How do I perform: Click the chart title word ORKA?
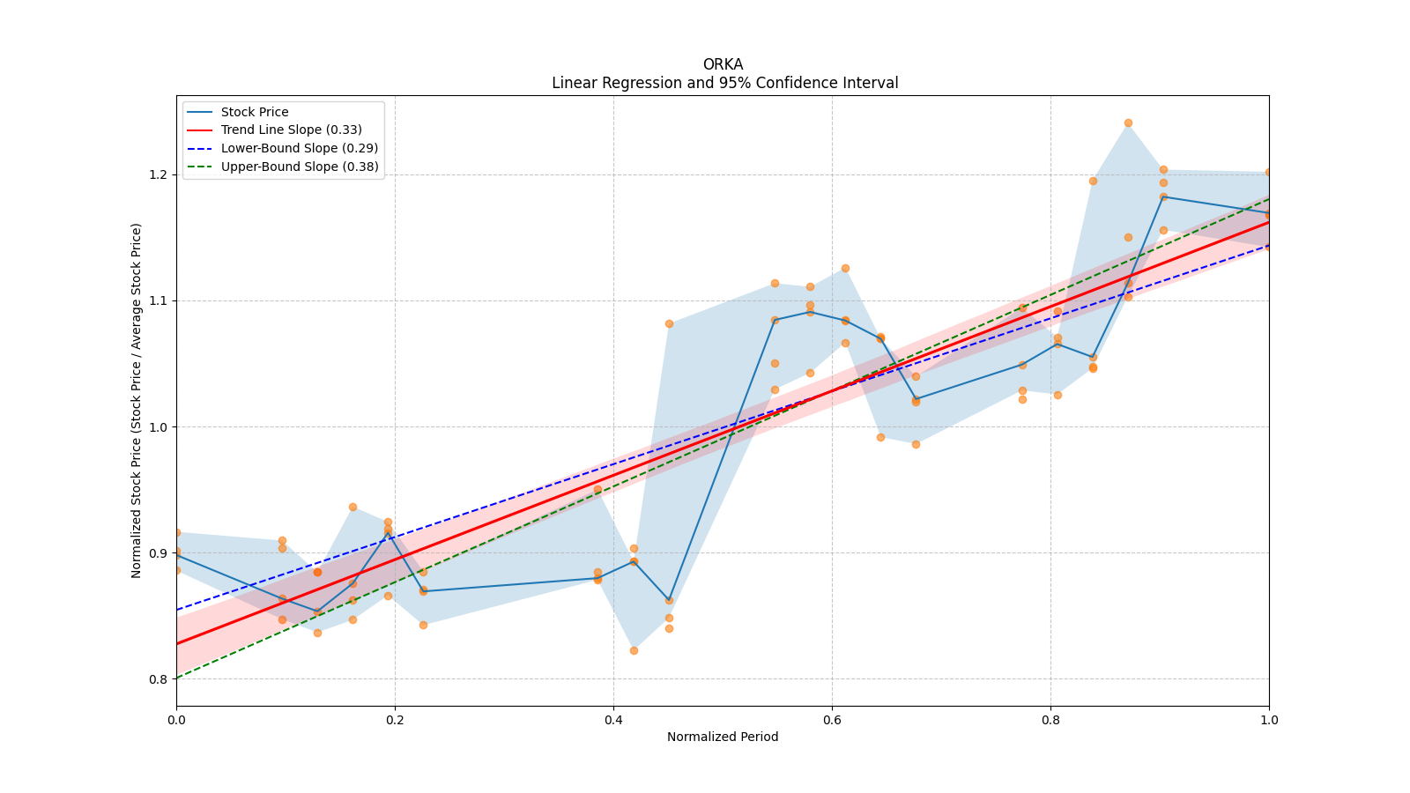pyautogui.click(x=723, y=64)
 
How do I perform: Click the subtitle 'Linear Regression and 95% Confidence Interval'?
pyautogui.click(x=724, y=83)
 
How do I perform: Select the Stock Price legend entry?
pyautogui.click(x=255, y=112)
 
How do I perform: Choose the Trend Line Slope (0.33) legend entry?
pyautogui.click(x=291, y=130)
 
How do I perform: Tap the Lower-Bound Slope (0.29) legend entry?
pyautogui.click(x=299, y=148)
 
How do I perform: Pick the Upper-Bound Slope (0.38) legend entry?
pyautogui.click(x=300, y=167)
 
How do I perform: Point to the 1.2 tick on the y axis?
pyautogui.click(x=159, y=174)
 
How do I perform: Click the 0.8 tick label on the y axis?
pyautogui.click(x=159, y=679)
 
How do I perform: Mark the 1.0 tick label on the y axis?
pyautogui.click(x=159, y=427)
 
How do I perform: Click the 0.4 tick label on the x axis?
pyautogui.click(x=613, y=720)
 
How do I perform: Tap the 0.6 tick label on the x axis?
pyautogui.click(x=832, y=720)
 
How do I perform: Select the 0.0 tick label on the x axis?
pyautogui.click(x=176, y=720)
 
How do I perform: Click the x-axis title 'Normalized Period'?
pyautogui.click(x=723, y=737)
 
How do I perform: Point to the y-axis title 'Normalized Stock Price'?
pyautogui.click(x=137, y=400)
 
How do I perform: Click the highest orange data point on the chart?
pyautogui.click(x=1128, y=123)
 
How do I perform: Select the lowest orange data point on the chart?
pyautogui.click(x=634, y=650)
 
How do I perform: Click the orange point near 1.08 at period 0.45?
pyautogui.click(x=669, y=324)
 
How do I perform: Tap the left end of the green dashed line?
pyautogui.click(x=177, y=678)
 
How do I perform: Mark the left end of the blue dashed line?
pyautogui.click(x=177, y=610)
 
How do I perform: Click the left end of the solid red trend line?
pyautogui.click(x=177, y=643)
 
